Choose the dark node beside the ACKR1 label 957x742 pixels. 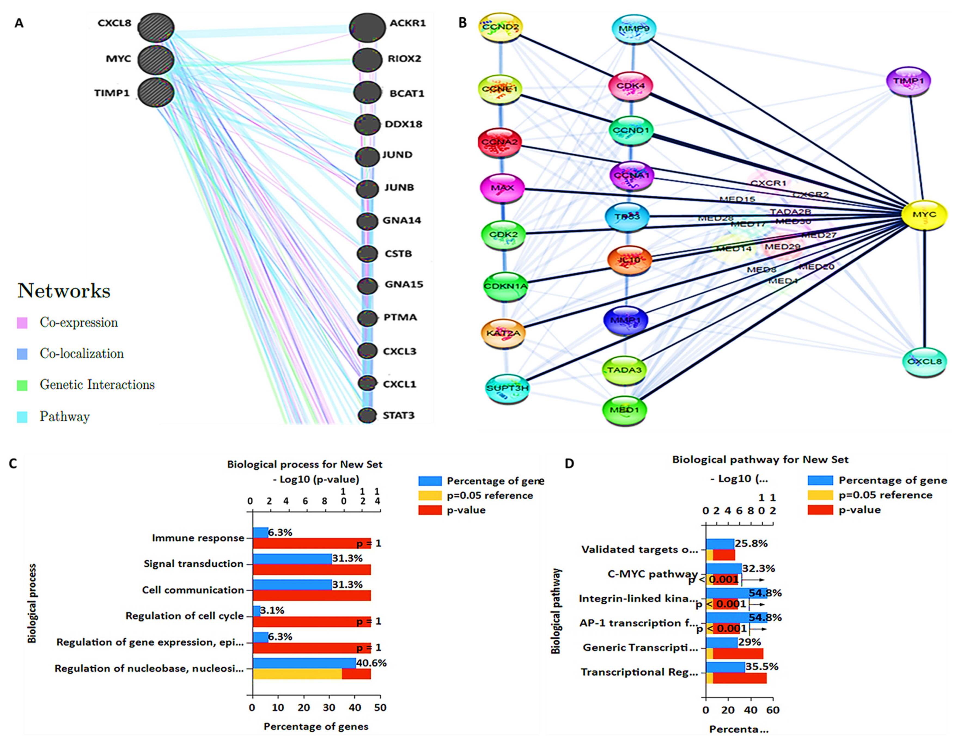click(x=367, y=27)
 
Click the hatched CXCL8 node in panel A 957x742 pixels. click(x=156, y=27)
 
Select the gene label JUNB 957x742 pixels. click(x=399, y=188)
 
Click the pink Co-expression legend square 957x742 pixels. click(x=22, y=323)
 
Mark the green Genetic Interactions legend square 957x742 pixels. click(x=22, y=385)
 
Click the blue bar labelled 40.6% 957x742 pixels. click(x=304, y=663)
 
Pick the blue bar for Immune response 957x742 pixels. click(x=261, y=533)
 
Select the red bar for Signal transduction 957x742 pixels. click(x=312, y=569)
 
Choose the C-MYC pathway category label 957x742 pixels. click(x=653, y=574)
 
